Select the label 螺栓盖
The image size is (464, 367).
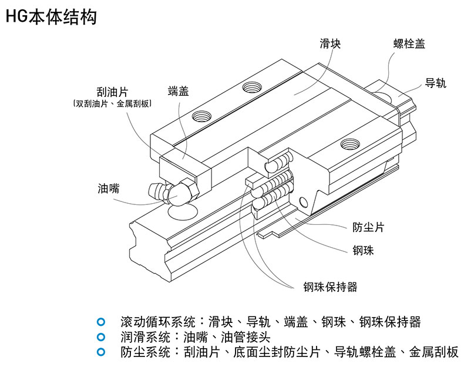click(x=409, y=43)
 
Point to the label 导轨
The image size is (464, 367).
click(x=435, y=83)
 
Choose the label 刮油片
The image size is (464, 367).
click(x=112, y=93)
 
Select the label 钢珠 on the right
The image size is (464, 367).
click(x=363, y=251)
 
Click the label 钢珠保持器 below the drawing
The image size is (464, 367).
click(x=329, y=287)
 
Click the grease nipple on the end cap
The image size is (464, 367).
click(x=170, y=192)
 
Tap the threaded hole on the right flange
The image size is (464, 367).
click(x=351, y=143)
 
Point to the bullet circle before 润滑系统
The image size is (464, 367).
click(x=101, y=337)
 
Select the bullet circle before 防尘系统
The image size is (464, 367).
click(x=101, y=352)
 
